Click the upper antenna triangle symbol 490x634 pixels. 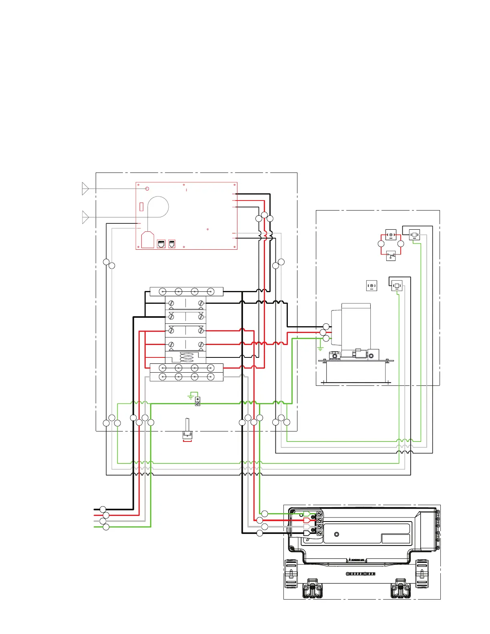point(85,189)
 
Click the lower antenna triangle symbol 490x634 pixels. point(85,217)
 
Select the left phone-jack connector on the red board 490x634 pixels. point(161,244)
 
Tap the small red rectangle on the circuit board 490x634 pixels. point(142,207)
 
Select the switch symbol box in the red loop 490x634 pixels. point(391,255)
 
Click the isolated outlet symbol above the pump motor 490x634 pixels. point(372,286)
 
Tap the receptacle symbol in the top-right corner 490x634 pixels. point(414,235)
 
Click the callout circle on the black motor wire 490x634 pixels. point(326,327)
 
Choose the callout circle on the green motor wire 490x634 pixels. point(326,339)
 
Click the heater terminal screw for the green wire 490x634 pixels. point(320,514)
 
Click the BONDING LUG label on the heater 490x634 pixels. point(357,560)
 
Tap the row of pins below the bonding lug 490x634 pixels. point(361,574)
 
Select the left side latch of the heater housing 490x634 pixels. point(291,574)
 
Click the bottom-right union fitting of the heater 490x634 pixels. point(400,588)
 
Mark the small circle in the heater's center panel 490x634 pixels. point(336,534)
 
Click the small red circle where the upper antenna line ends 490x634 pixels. point(147,189)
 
